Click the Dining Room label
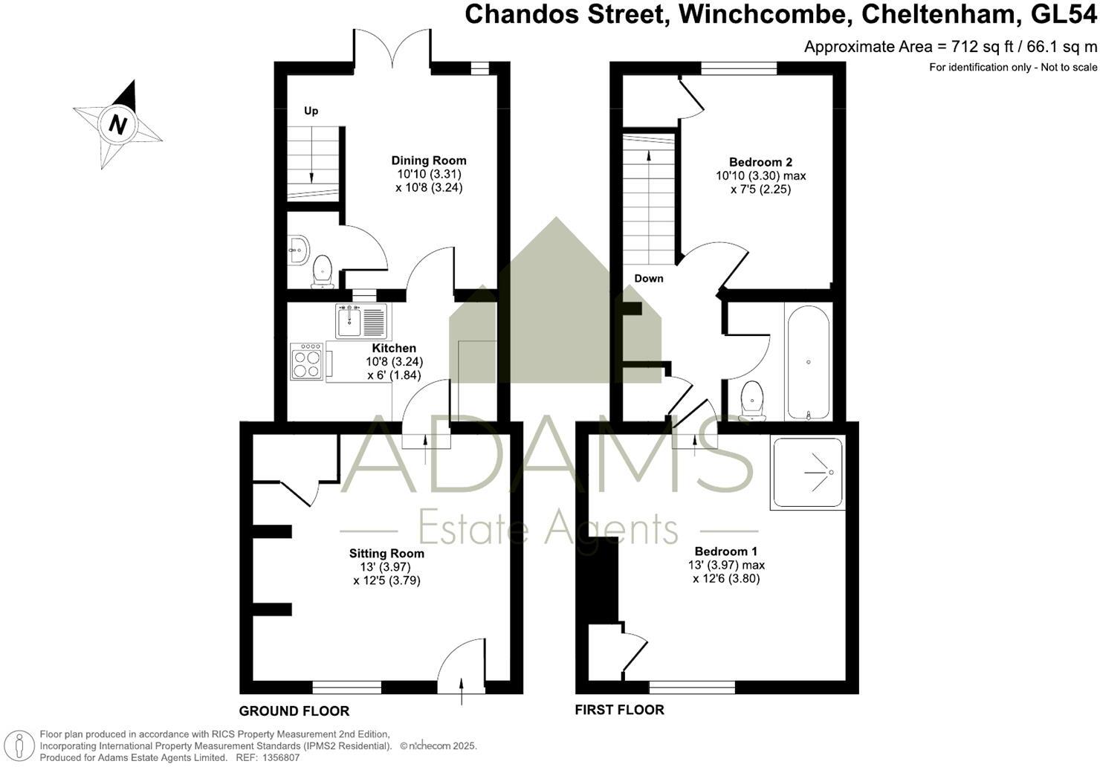point(429,161)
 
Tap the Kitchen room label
point(394,348)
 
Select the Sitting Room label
point(386,553)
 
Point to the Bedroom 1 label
point(726,551)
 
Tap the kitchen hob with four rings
point(306,362)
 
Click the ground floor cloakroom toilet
point(323,271)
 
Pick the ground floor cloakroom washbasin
point(298,250)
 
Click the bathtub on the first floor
point(808,362)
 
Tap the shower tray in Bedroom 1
point(808,473)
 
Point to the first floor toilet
point(754,400)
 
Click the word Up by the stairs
point(311,111)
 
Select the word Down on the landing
point(649,279)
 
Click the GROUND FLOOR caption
point(294,711)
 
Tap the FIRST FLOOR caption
point(619,710)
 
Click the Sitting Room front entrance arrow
point(462,691)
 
